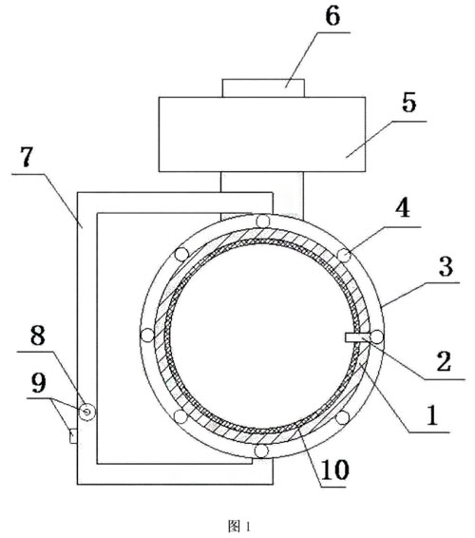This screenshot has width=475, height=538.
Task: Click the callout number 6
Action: (332, 16)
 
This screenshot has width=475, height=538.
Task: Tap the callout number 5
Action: (409, 103)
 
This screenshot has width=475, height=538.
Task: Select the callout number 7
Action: (27, 157)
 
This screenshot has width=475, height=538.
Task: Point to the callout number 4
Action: (403, 207)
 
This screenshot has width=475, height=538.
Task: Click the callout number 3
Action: (446, 266)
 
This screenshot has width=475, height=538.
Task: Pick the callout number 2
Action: (444, 360)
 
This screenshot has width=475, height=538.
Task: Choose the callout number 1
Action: (432, 414)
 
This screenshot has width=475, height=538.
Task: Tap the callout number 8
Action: (38, 335)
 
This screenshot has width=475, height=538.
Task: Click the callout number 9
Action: (38, 382)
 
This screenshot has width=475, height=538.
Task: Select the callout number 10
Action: (334, 470)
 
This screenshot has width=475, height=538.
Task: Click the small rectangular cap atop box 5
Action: (263, 88)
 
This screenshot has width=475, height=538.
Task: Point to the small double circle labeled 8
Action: (86, 412)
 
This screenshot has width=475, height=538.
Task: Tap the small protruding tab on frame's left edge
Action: (73, 436)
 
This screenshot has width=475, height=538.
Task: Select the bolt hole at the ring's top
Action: (263, 221)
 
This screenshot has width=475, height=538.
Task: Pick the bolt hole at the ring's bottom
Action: (261, 451)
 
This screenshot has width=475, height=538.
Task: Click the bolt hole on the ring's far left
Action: (148, 335)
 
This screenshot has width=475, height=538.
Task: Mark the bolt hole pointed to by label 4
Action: (344, 255)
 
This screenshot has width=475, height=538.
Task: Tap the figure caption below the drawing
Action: (239, 526)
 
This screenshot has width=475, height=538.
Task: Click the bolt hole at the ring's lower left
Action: (180, 416)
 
